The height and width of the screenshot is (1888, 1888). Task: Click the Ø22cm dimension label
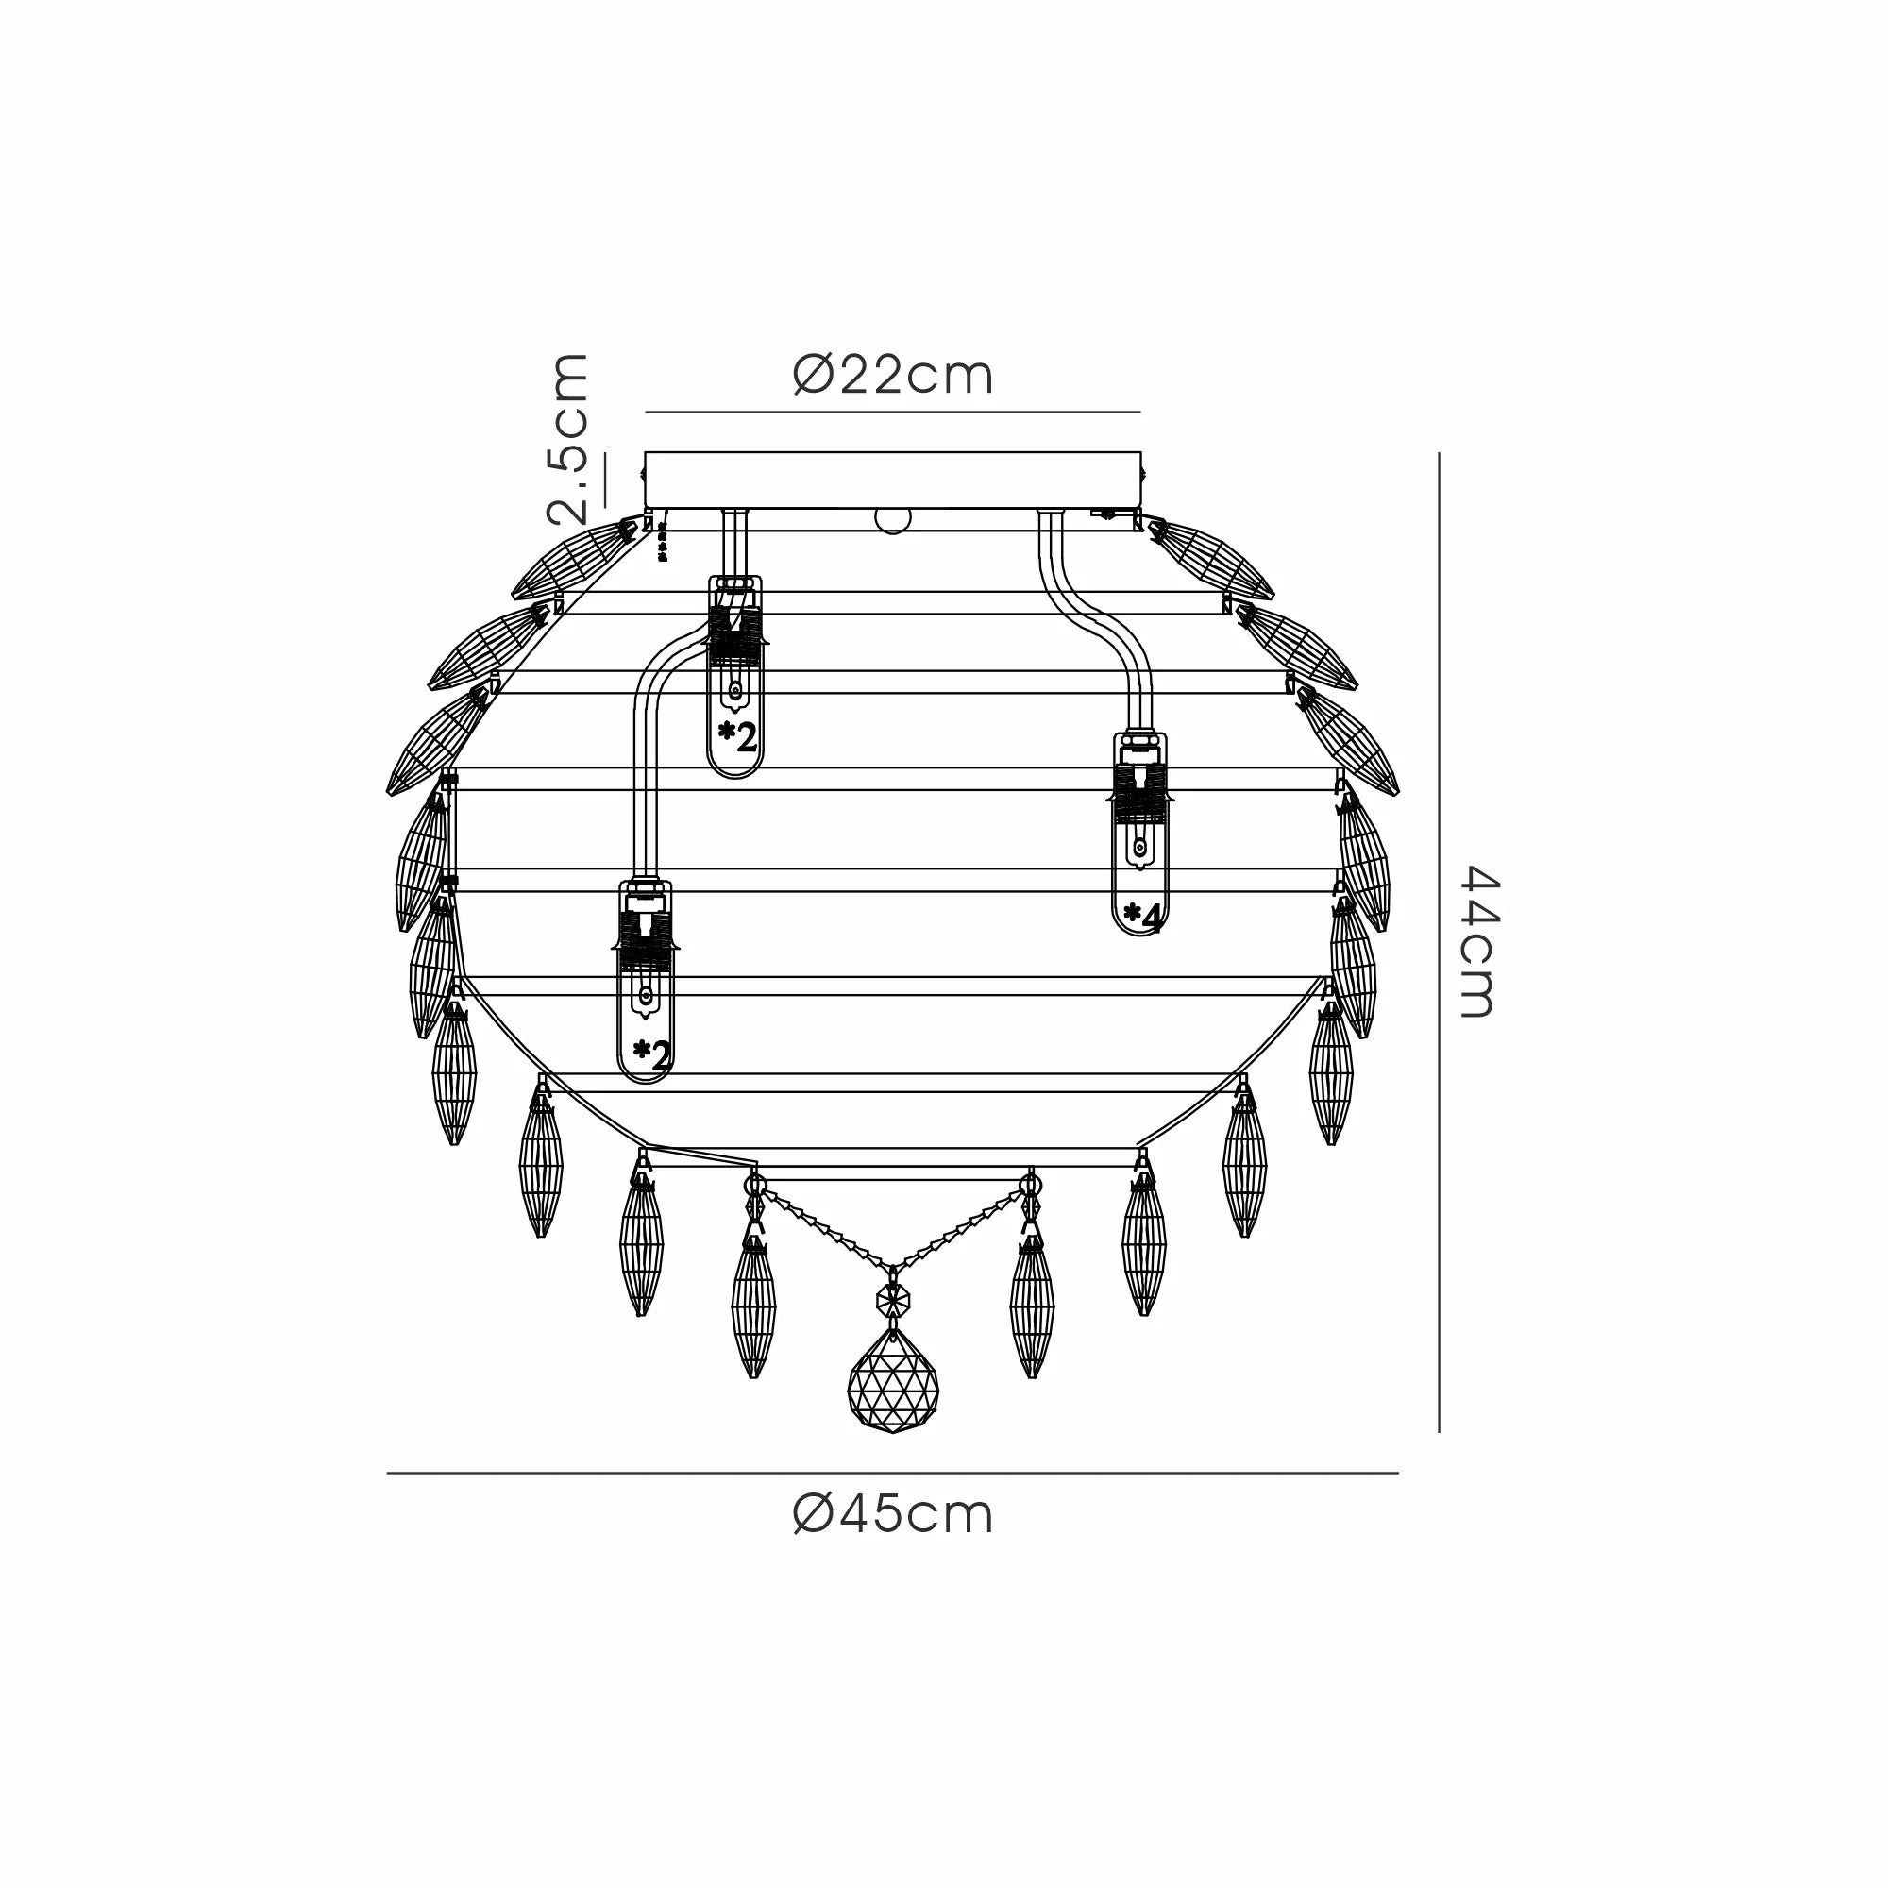(893, 376)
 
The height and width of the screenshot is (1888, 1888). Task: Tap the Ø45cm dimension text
(893, 1515)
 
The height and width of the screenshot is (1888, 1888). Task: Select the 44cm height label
(1476, 943)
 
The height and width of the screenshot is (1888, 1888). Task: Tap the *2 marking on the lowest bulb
(651, 1054)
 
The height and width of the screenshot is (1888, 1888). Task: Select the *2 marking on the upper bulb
(737, 736)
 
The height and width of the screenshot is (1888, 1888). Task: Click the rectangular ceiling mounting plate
(892, 480)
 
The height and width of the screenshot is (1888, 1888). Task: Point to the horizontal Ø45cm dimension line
(892, 1473)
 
